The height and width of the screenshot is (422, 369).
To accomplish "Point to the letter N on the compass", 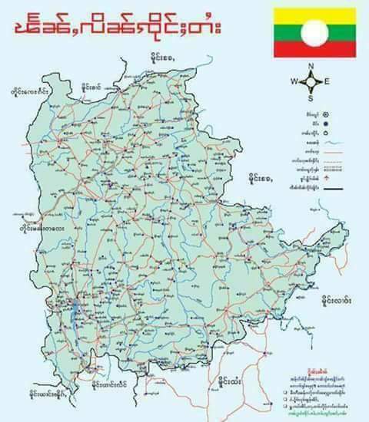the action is coord(311,66).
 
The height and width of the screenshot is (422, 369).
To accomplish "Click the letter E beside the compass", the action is coord(327,81).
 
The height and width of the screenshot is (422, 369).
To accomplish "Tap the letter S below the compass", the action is coord(311,98).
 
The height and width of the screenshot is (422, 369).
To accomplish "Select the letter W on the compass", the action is coord(294,81).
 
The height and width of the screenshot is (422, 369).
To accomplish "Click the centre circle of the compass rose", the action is coord(311,81).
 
